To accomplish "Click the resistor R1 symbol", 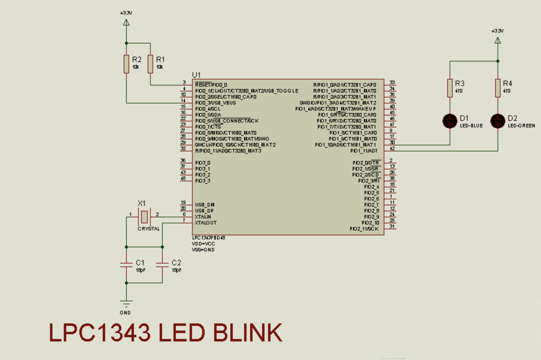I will tap(150, 64).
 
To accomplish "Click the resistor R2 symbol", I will tap(126, 64).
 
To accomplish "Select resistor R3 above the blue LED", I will tap(450, 88).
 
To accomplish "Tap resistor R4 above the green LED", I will tap(498, 88).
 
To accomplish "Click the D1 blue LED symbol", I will tap(450, 121).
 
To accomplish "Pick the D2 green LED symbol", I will tap(498, 121).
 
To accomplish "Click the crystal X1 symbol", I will tap(144, 217).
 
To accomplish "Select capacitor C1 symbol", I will tap(126, 264).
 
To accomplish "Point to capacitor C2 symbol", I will tap(162, 264).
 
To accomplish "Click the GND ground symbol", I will tap(126, 303).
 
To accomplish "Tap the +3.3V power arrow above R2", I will tap(126, 22).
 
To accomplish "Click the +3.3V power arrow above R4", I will tap(498, 40).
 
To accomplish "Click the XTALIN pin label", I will tap(203, 217).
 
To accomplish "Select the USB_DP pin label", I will tap(204, 211).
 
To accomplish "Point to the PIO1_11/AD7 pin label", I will tap(364, 151).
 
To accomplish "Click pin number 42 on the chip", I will tap(392, 148).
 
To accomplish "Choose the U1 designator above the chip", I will tap(196, 75).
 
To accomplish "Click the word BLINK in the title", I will tap(247, 333).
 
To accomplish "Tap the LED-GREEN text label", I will tap(521, 126).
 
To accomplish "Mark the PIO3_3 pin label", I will tap(203, 181).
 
